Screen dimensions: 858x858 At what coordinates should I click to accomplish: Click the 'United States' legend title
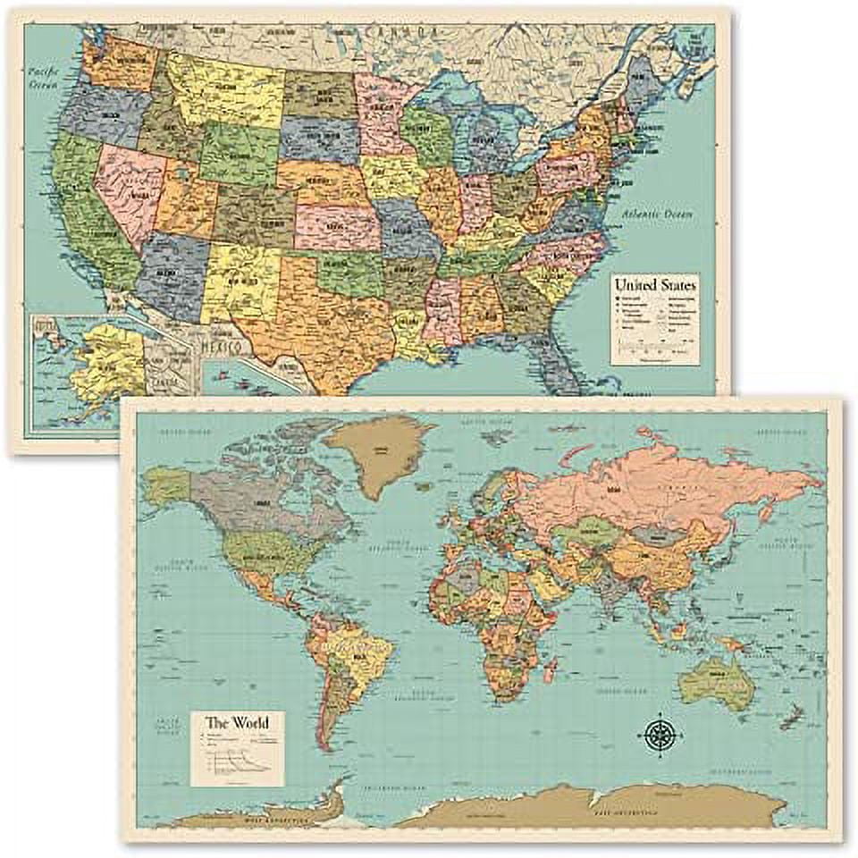[x=654, y=286]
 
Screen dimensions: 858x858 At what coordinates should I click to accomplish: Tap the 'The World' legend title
[x=237, y=722]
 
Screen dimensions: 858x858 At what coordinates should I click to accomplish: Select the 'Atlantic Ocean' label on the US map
[x=660, y=215]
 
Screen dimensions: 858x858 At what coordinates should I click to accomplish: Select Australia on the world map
[x=716, y=681]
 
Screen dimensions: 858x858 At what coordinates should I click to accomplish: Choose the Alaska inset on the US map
[x=98, y=366]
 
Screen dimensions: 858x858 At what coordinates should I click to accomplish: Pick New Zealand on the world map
[x=791, y=714]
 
